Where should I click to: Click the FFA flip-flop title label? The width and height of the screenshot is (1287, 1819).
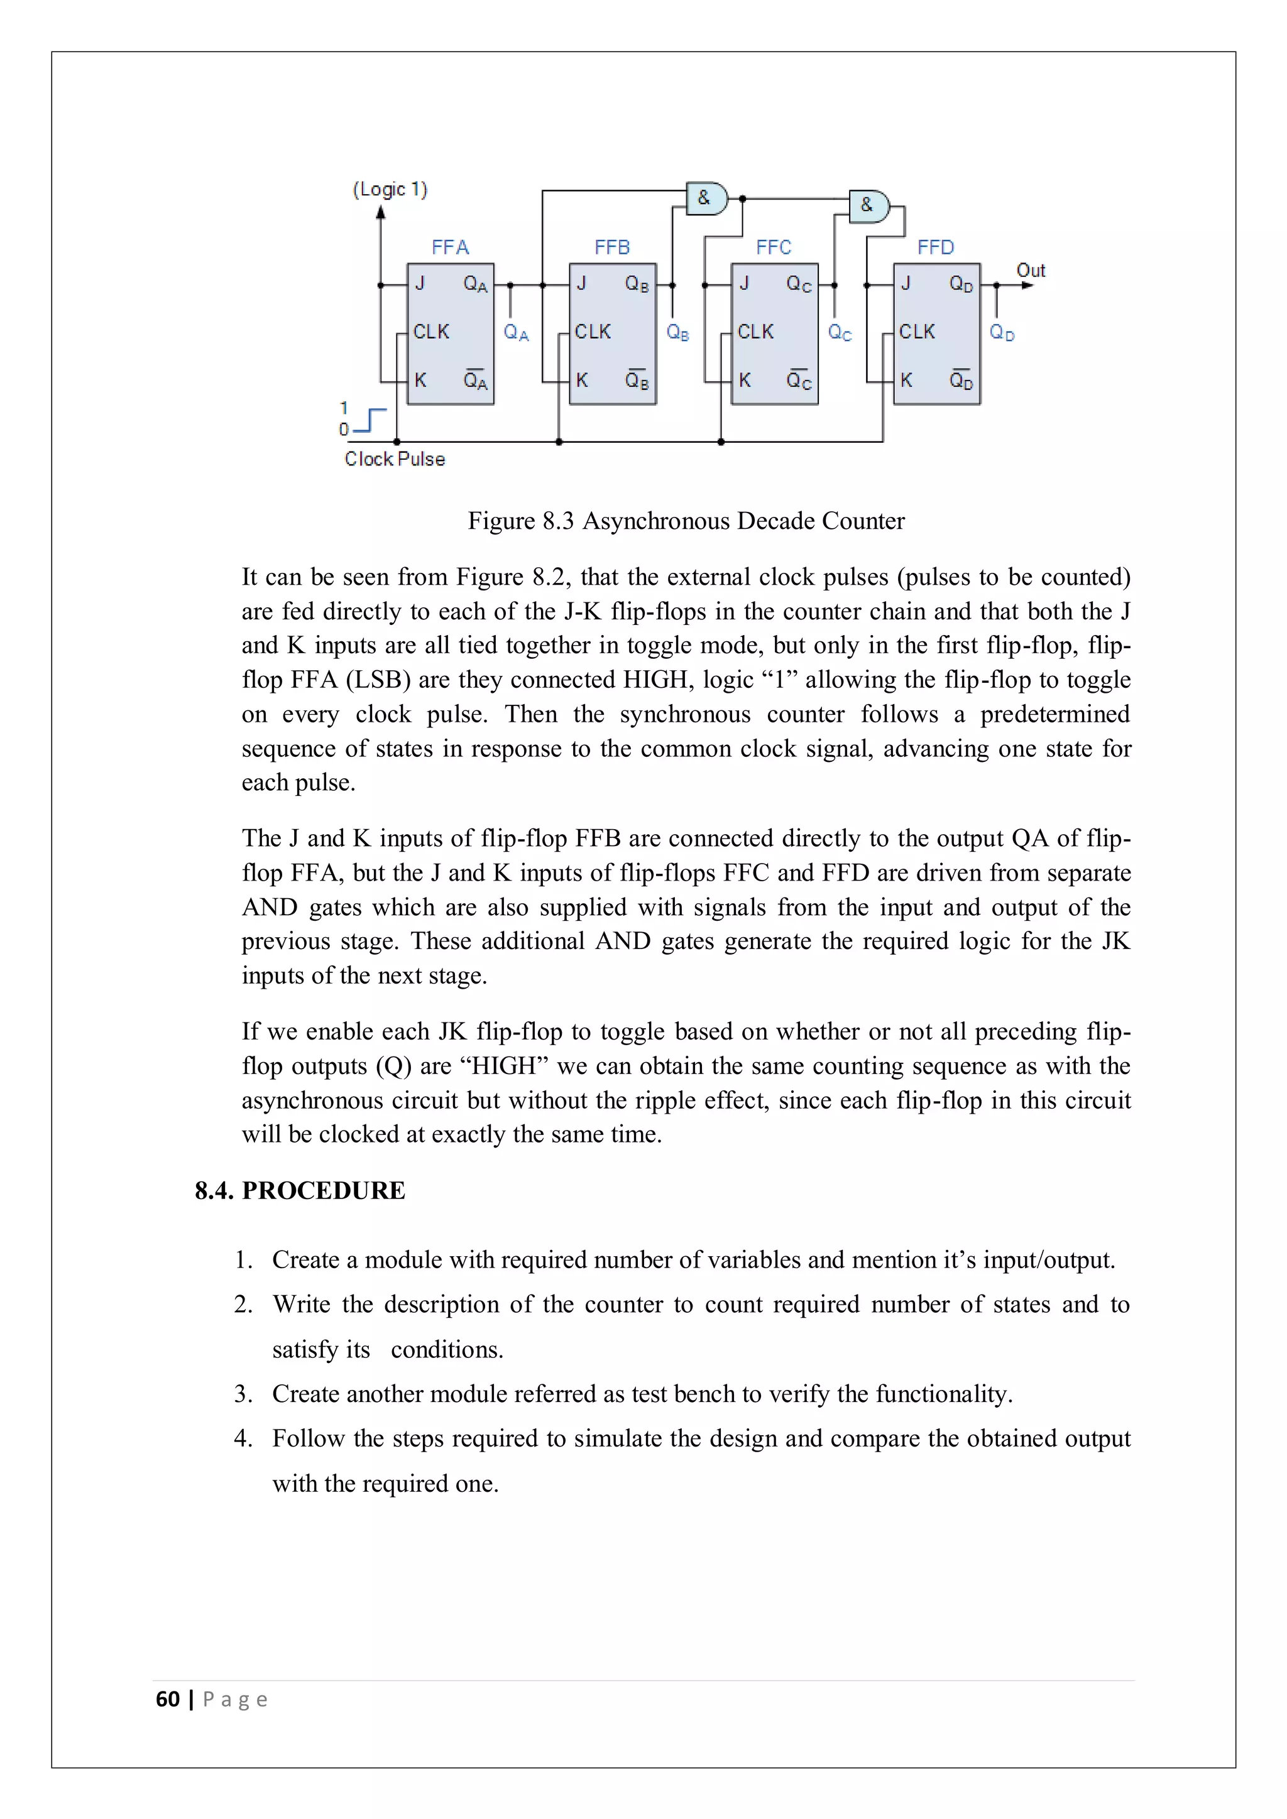pyautogui.click(x=450, y=247)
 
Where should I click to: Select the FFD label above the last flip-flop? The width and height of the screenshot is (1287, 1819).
pyautogui.click(x=935, y=247)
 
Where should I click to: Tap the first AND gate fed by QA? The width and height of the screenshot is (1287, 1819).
pyautogui.click(x=707, y=198)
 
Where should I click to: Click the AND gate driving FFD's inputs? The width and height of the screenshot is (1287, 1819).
pyautogui.click(x=869, y=206)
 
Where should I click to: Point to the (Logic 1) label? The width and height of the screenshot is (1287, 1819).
pyautogui.click(x=390, y=189)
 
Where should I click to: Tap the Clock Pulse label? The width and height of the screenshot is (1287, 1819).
pyautogui.click(x=395, y=459)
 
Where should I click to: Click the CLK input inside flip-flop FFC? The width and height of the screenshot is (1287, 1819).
pyautogui.click(x=755, y=331)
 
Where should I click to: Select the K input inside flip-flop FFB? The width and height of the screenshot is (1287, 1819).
pyautogui.click(x=582, y=380)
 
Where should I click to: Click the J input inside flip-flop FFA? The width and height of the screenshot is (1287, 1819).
pyautogui.click(x=420, y=283)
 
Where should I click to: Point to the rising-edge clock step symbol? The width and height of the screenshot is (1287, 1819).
pyautogui.click(x=370, y=421)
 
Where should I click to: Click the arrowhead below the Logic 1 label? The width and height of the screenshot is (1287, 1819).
pyautogui.click(x=381, y=212)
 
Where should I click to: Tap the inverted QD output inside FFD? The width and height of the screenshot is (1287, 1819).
pyautogui.click(x=960, y=380)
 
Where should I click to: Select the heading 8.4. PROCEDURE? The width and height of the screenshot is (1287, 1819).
pyautogui.click(x=300, y=1190)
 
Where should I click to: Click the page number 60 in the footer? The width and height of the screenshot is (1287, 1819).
pyautogui.click(x=168, y=1700)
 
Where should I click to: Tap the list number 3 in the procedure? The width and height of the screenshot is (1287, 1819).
pyautogui.click(x=243, y=1394)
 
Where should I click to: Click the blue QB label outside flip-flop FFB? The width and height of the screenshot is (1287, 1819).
pyautogui.click(x=677, y=333)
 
